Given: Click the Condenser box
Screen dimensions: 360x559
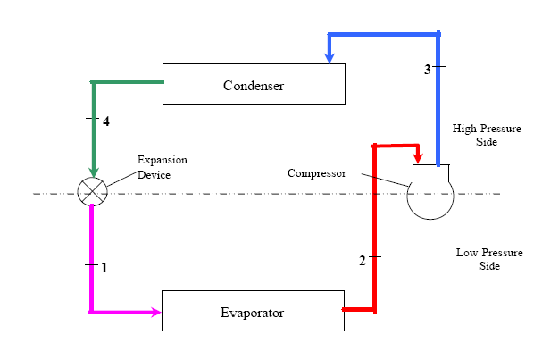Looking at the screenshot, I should coord(254,85).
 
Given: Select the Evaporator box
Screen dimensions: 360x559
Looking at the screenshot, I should coord(252,311).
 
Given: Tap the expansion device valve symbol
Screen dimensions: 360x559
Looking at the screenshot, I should coord(93,191).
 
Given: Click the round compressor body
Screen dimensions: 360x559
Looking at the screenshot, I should coord(430,197).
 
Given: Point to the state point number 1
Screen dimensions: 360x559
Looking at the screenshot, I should coord(104,267).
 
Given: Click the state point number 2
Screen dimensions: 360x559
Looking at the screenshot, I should coord(363,260).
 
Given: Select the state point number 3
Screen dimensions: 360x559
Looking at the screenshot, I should coord(427,69).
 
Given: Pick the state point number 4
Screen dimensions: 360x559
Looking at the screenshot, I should coord(105,121).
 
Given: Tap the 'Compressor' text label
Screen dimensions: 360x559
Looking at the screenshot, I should coord(316,172).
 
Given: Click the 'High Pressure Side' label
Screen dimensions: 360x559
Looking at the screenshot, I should coord(487,135).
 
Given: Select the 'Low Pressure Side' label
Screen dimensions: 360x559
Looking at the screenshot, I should coord(489,259).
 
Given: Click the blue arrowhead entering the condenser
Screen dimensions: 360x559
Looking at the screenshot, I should coord(330,57).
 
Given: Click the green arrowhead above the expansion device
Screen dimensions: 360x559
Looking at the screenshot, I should coord(93,171).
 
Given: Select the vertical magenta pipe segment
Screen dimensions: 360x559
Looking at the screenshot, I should coord(92,259).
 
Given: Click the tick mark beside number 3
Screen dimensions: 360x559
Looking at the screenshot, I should coord(438,68).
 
